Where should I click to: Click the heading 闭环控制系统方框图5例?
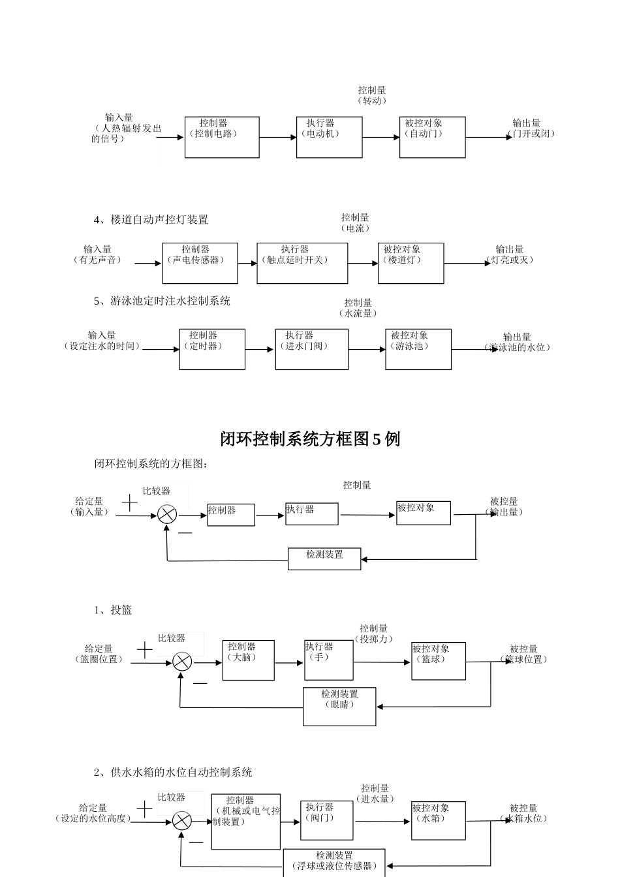tap(310, 440)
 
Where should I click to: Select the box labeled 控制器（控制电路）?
tap(222, 137)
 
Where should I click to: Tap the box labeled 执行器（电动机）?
tap(329, 137)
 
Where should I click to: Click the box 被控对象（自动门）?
tap(432, 137)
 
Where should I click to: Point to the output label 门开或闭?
tap(531, 133)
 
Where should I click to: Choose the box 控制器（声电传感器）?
tap(200, 263)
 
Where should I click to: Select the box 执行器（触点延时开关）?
tap(302, 263)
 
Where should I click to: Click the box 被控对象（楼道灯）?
tap(411, 263)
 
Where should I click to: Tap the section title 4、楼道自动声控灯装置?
tap(151, 220)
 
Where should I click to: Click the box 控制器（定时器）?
tap(212, 349)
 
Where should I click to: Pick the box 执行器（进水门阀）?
tap(311, 349)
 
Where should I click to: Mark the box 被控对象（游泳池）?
tap(418, 349)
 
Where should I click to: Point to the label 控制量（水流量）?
tap(358, 308)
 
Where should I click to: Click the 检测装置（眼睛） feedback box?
tap(339, 707)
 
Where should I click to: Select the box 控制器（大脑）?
tap(248, 660)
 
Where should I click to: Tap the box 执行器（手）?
tap(328, 660)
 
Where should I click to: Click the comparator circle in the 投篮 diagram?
tap(182, 662)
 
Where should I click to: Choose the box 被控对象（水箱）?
tap(438, 820)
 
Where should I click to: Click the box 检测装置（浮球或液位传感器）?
tap(334, 862)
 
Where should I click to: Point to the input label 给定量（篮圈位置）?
tap(99, 654)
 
